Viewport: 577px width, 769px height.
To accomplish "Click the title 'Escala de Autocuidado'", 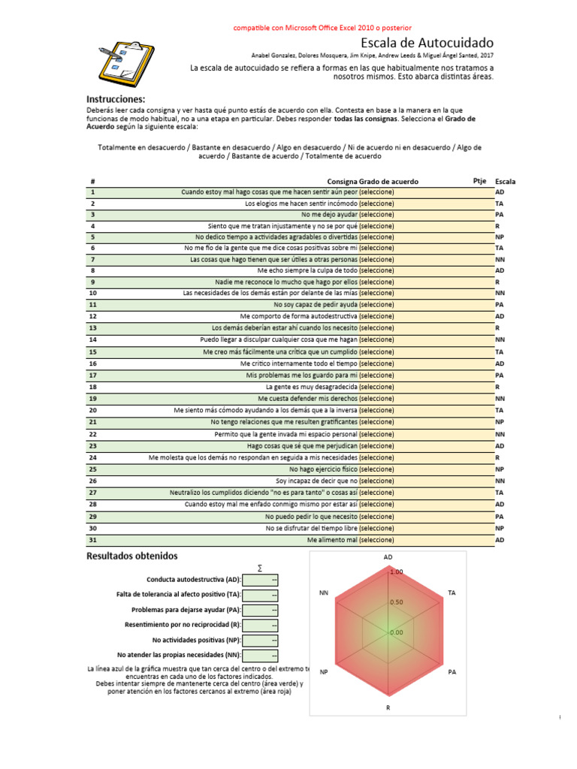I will pyautogui.click(x=427, y=43).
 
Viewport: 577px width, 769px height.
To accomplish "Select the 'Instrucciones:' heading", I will pyautogui.click(x=116, y=99).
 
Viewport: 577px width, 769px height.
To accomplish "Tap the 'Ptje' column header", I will pyautogui.click(x=479, y=181).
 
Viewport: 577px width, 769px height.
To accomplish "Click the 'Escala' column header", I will pyautogui.click(x=506, y=182).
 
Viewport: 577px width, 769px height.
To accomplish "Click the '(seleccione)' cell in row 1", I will pyautogui.click(x=376, y=192).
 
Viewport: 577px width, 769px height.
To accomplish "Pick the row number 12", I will pyautogui.click(x=93, y=316).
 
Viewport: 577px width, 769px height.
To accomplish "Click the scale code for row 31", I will pyautogui.click(x=500, y=540).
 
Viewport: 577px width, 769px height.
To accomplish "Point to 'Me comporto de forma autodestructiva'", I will pyautogui.click(x=298, y=316).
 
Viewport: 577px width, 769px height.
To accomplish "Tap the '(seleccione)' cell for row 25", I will pyautogui.click(x=376, y=469).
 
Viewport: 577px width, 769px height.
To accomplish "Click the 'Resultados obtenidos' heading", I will pyautogui.click(x=132, y=556).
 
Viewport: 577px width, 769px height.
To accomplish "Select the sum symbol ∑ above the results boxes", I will pyautogui.click(x=260, y=568).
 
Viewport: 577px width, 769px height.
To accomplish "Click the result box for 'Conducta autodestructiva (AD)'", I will pyautogui.click(x=261, y=580).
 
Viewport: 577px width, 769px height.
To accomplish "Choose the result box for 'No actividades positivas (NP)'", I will pyautogui.click(x=261, y=640).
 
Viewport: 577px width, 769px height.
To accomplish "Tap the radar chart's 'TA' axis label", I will pyautogui.click(x=452, y=593).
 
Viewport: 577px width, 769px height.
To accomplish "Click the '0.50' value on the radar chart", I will pyautogui.click(x=396, y=602).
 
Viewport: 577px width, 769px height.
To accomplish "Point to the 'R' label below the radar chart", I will pyautogui.click(x=388, y=707).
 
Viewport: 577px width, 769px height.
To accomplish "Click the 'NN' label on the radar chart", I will pyautogui.click(x=324, y=593).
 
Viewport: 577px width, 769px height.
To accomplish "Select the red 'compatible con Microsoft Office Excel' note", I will pyautogui.click(x=322, y=27).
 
